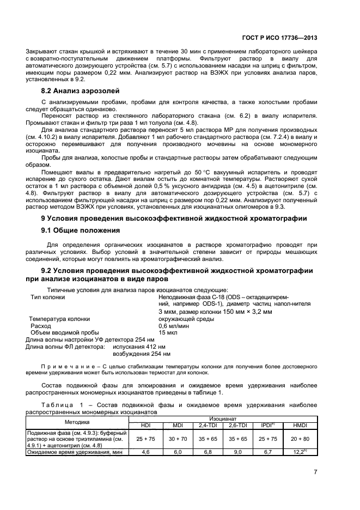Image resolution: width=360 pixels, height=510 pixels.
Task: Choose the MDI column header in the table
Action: point(177,424)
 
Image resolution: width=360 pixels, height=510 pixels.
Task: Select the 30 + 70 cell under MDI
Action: point(177,438)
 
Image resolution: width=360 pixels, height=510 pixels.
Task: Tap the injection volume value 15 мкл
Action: point(166,332)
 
